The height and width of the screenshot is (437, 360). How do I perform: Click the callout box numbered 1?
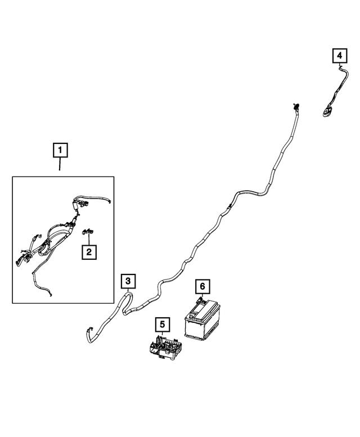click(x=60, y=151)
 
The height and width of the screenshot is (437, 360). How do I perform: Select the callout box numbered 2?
click(x=88, y=252)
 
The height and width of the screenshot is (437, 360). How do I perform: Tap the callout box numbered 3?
click(x=128, y=280)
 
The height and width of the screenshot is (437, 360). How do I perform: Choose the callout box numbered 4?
click(x=339, y=56)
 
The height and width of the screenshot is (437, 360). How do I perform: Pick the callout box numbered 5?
click(x=161, y=324)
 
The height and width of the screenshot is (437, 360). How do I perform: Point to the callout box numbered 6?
click(x=201, y=287)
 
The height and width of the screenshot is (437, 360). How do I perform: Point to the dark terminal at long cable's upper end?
click(x=295, y=106)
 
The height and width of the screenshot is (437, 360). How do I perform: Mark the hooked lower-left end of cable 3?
click(x=88, y=333)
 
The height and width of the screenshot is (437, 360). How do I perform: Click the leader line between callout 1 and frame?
click(x=60, y=168)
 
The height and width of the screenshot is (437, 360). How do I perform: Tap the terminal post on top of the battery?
click(x=200, y=303)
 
